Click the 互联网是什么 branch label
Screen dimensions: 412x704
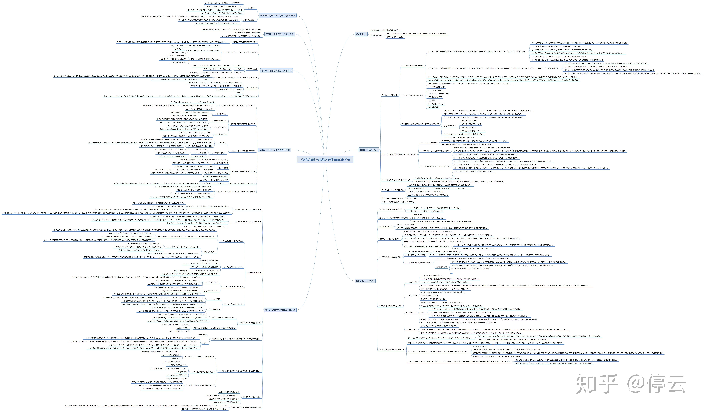point(251,8)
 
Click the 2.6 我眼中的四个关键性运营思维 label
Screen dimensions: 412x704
point(390,306)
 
